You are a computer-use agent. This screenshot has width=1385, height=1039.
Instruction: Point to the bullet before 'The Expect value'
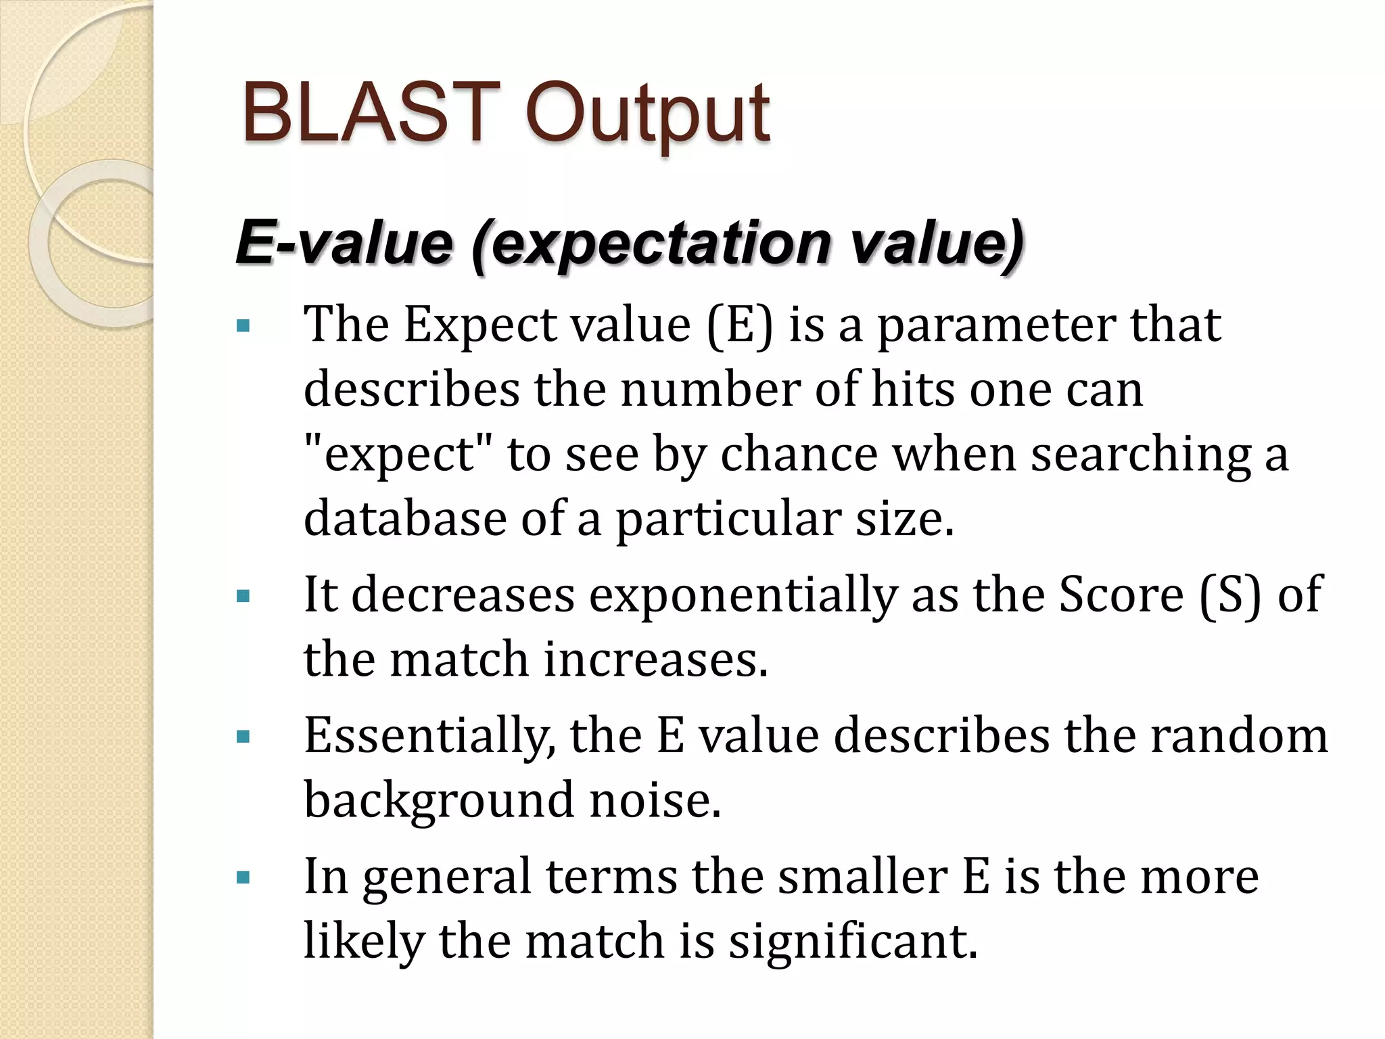[x=243, y=327]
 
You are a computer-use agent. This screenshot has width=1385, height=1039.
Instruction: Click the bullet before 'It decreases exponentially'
[x=243, y=597]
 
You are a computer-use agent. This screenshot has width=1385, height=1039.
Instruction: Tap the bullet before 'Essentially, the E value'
[x=243, y=737]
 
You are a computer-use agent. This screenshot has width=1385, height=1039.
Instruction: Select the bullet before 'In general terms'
[x=243, y=879]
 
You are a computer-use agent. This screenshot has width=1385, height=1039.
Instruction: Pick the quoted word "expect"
[x=399, y=455]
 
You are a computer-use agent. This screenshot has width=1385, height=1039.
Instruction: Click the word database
[x=404, y=519]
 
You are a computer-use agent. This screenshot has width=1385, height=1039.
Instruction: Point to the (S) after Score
[x=1230, y=595]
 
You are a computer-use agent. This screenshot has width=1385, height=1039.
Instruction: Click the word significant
[x=853, y=942]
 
